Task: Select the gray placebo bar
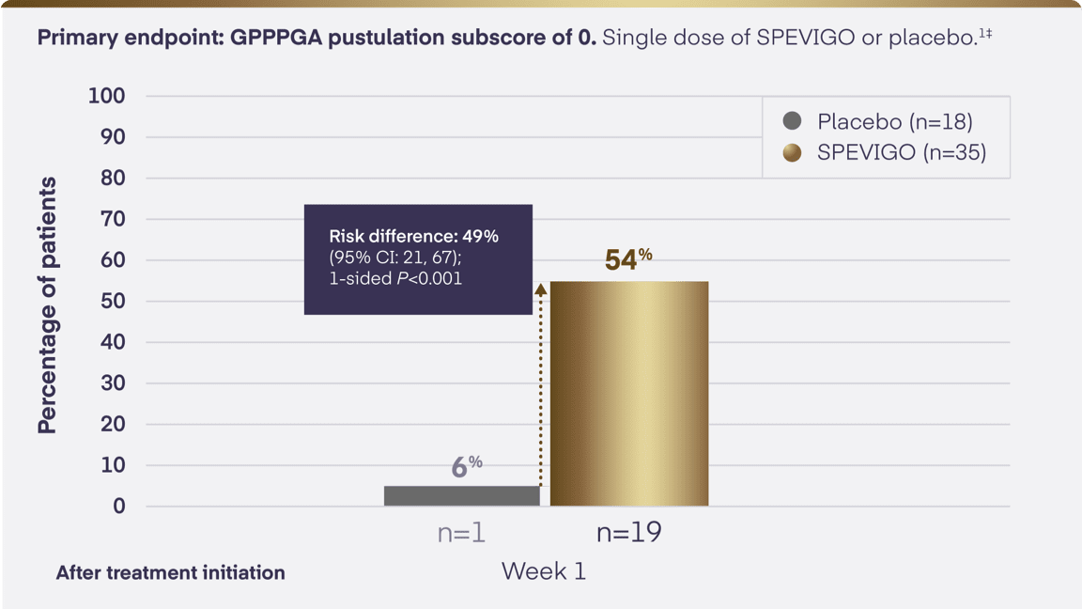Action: click(461, 495)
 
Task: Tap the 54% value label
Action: click(627, 258)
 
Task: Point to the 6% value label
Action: click(466, 465)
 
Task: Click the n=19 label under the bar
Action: click(628, 533)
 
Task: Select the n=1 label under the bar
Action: click(461, 533)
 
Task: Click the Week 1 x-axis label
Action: click(543, 571)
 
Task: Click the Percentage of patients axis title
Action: click(47, 304)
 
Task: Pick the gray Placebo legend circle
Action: click(793, 121)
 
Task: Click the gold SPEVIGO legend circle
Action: click(793, 152)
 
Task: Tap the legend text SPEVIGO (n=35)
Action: click(901, 152)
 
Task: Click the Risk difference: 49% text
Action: click(413, 236)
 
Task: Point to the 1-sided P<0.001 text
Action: click(395, 279)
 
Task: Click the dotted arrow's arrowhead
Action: click(540, 289)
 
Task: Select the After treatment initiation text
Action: click(170, 572)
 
